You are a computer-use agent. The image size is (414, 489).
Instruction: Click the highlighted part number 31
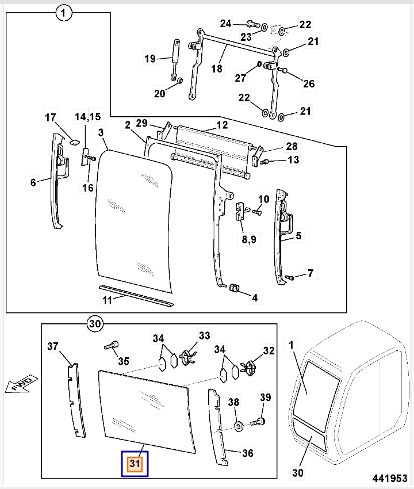[134, 464]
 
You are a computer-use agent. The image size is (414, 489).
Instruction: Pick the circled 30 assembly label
[96, 324]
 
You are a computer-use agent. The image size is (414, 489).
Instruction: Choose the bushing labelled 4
[234, 287]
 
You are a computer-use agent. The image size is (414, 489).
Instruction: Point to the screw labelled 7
[290, 278]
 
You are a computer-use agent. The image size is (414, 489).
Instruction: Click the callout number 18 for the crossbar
[216, 68]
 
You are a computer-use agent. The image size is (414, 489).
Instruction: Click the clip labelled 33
[186, 357]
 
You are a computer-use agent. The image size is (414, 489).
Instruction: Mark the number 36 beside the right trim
[247, 453]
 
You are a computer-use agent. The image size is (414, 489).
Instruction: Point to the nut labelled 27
[258, 63]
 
